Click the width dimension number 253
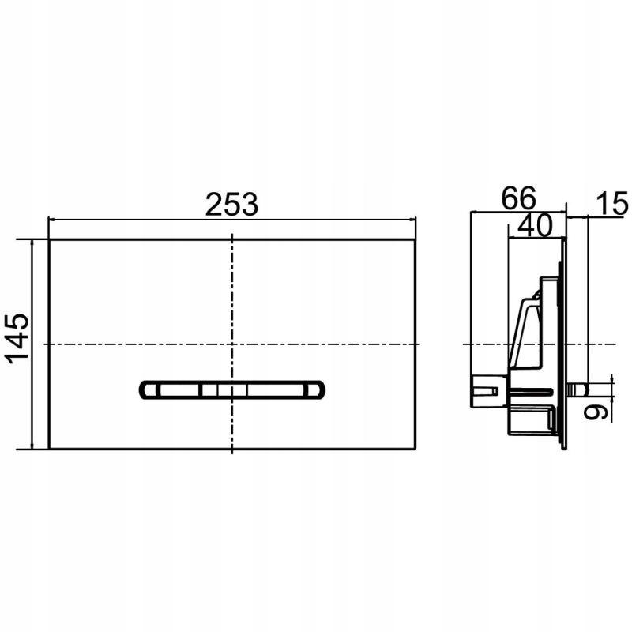(231, 205)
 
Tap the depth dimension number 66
(518, 198)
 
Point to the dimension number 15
(611, 204)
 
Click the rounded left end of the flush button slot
(148, 389)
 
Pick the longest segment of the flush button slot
(275, 390)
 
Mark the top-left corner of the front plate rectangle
(49, 240)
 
